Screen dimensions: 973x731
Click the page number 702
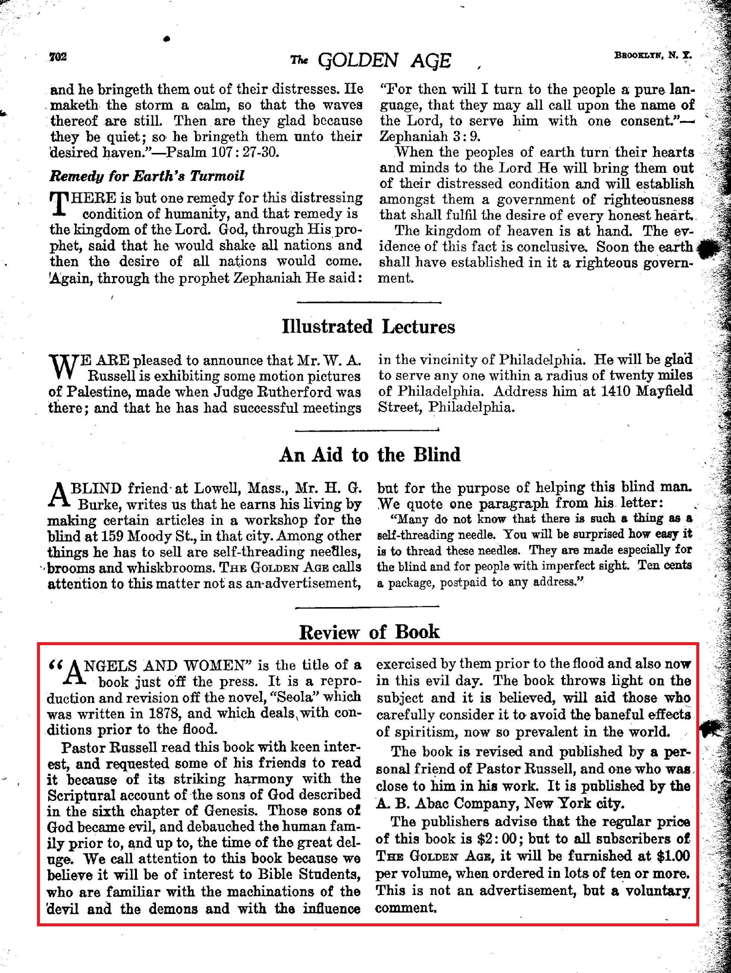click(58, 57)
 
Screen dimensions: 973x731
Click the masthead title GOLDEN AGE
click(385, 60)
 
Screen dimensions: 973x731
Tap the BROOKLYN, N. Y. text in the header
click(653, 56)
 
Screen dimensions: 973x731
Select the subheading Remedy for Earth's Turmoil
click(147, 176)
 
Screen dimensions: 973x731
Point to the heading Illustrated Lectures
click(368, 326)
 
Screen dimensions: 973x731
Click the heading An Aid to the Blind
click(369, 455)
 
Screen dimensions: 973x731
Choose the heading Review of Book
click(369, 632)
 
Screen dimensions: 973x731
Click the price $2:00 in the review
click(500, 839)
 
